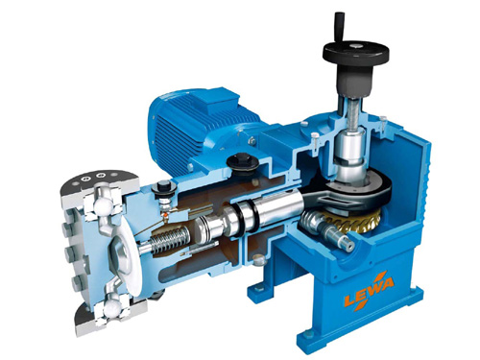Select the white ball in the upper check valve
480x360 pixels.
104,205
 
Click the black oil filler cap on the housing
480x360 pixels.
242,162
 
